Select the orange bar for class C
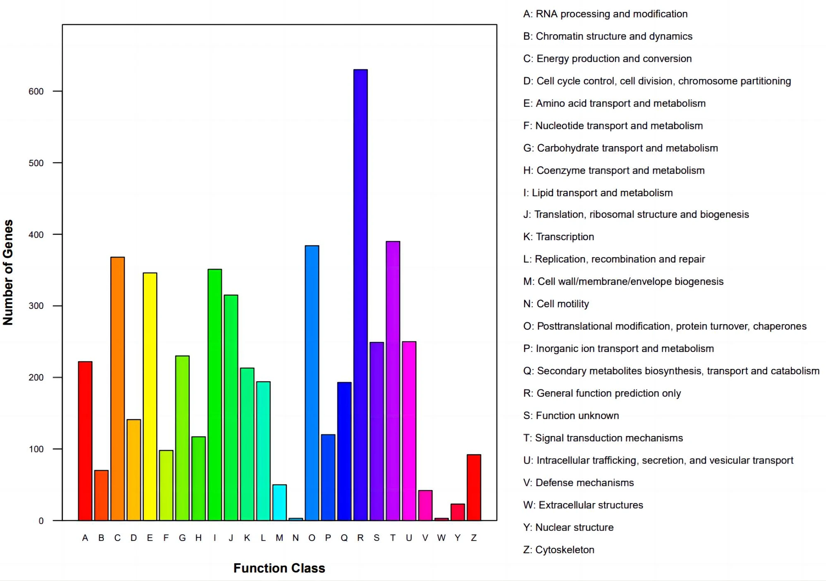point(118,389)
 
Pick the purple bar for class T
point(393,381)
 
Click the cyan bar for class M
point(279,502)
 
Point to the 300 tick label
point(36,306)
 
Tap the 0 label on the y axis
point(41,521)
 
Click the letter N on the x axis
point(295,538)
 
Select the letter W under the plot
point(441,538)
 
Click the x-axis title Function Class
point(279,568)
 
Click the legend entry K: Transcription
point(558,237)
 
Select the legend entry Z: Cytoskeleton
point(558,550)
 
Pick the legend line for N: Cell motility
point(556,304)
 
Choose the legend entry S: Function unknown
point(571,415)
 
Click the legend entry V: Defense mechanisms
point(578,483)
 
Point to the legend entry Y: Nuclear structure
point(568,527)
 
